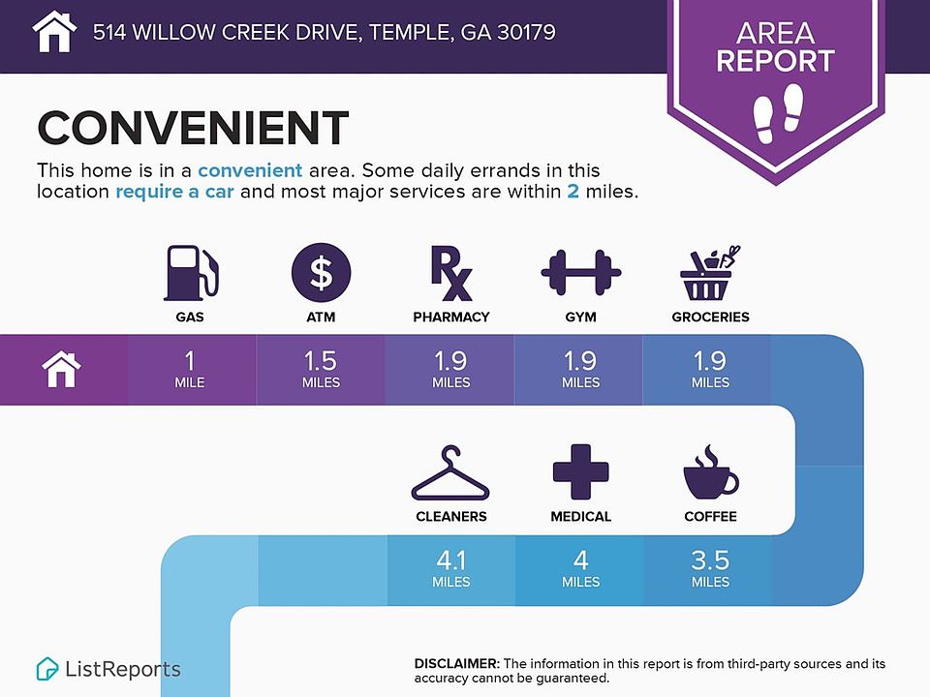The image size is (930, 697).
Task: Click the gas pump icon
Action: click(191, 273)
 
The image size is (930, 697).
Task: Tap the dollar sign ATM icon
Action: click(321, 273)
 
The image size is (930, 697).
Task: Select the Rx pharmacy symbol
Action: click(450, 273)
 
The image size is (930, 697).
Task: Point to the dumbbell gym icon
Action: click(580, 273)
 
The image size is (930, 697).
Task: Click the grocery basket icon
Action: click(710, 273)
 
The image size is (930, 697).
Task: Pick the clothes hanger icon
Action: click(450, 473)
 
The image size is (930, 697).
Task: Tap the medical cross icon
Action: click(580, 471)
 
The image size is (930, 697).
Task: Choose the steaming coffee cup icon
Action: click(710, 471)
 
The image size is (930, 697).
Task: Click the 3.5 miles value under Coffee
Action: click(710, 568)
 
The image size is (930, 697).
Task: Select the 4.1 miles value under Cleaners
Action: click(450, 568)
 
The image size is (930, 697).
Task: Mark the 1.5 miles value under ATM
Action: click(321, 369)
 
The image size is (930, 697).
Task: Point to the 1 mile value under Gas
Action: click(190, 369)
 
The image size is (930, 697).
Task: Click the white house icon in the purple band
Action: click(61, 369)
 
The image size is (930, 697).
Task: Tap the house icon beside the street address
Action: click(54, 31)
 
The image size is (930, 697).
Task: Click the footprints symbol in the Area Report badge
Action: click(778, 113)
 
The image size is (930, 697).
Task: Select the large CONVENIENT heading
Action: click(193, 128)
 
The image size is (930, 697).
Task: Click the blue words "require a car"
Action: click(174, 192)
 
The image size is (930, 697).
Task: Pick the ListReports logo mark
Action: click(46, 669)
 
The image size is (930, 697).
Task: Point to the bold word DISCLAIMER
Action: click(457, 664)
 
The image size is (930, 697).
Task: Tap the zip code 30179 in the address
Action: click(526, 32)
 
